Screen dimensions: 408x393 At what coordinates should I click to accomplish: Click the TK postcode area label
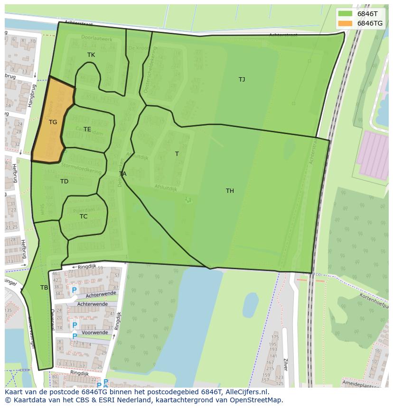click(x=91, y=55)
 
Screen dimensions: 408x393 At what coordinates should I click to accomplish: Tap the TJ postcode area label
click(x=242, y=80)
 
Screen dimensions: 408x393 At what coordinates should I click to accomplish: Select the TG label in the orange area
click(x=53, y=122)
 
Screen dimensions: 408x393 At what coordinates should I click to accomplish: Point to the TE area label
click(x=87, y=129)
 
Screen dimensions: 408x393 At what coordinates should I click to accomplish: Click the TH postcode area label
click(x=230, y=191)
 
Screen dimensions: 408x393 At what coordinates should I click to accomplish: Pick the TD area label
click(x=64, y=181)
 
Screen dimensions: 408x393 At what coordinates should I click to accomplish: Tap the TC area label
click(x=84, y=217)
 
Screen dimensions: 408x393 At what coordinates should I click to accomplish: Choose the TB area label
click(x=44, y=288)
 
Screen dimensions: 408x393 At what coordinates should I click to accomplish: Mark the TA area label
click(x=122, y=174)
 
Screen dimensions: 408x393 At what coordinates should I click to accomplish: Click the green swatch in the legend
click(x=345, y=13)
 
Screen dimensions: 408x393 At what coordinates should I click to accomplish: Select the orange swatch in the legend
click(x=345, y=23)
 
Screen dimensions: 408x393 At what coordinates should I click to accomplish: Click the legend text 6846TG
click(x=370, y=23)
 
